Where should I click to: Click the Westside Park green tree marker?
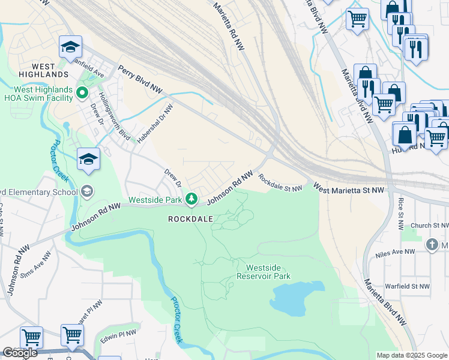(191, 197)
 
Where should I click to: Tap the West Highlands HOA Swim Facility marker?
(83, 92)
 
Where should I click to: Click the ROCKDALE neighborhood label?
(190, 219)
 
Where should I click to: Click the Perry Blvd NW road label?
(140, 79)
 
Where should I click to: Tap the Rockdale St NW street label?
(280, 183)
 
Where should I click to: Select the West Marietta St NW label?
(348, 190)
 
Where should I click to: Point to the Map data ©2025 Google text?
(412, 355)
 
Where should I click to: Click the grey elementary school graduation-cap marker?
(87, 191)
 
